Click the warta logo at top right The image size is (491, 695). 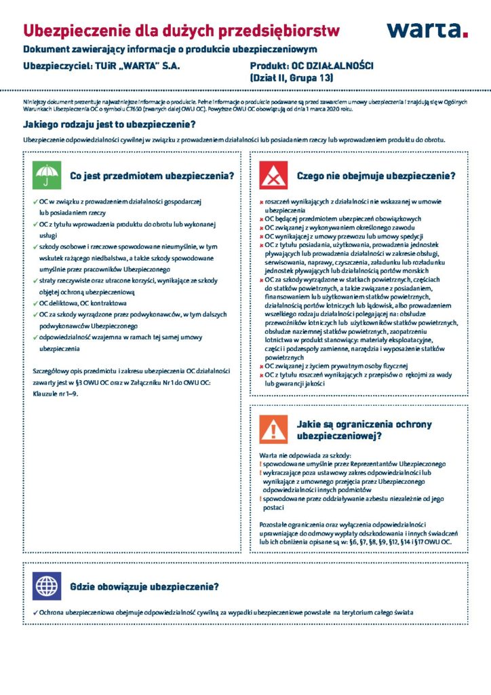[x=427, y=29]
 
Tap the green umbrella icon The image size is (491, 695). [x=46, y=176]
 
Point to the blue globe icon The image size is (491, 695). [x=46, y=586]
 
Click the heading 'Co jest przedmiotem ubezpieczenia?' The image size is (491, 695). [x=152, y=176]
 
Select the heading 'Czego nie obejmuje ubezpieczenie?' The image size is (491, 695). [x=376, y=176]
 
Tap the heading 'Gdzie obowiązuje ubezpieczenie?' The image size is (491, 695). [x=144, y=586]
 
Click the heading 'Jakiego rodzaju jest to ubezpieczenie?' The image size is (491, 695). [x=109, y=124]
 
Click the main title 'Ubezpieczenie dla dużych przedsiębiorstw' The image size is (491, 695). [x=181, y=30]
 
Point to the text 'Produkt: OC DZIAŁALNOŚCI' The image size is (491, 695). [x=311, y=66]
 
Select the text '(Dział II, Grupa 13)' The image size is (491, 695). [x=292, y=79]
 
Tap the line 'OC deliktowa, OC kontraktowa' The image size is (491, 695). [x=82, y=303]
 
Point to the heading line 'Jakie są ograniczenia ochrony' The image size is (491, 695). [x=364, y=424]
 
